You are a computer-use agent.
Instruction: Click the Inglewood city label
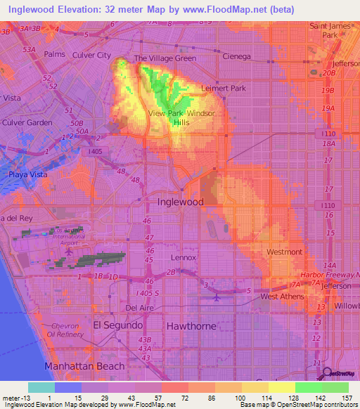[180, 202]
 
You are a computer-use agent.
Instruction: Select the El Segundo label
[117, 325]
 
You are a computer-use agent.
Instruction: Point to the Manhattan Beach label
[84, 366]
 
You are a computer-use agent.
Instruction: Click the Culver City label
[91, 55]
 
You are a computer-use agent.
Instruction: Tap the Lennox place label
[183, 258]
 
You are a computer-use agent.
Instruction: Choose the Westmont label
[285, 252]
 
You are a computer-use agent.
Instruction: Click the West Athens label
[283, 297]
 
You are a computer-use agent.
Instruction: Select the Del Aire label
[139, 308]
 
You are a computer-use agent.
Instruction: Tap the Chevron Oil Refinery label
[67, 330]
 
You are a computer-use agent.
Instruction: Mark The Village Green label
[165, 58]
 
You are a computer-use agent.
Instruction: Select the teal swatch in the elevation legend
[41, 387]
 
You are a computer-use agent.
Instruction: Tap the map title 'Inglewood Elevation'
[70, 9]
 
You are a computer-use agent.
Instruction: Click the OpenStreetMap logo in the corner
[339, 373]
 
